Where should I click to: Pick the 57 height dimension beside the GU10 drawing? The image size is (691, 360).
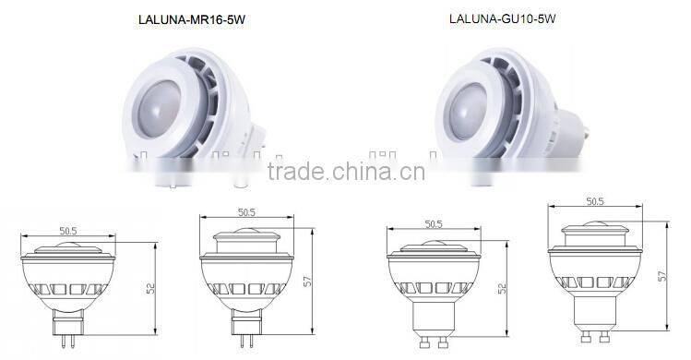tap(661, 274)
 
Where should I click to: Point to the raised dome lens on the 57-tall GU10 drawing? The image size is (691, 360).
tap(595, 225)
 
